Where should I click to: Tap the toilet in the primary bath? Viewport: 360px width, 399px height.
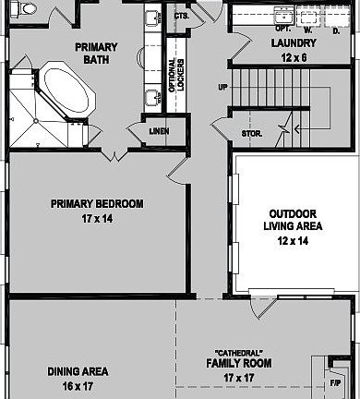coord(27,9)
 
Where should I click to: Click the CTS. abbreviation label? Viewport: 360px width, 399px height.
coord(182,17)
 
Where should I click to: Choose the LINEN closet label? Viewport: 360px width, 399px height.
coord(159,131)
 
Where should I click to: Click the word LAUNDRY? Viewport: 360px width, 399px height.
coord(294,43)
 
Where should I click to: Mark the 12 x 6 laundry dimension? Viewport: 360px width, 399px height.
coord(294,56)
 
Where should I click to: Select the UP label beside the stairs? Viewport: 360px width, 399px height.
coord(222,89)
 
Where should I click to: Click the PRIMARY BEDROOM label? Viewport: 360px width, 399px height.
coord(97,204)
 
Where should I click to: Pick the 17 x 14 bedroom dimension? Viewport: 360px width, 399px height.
coord(97,219)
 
